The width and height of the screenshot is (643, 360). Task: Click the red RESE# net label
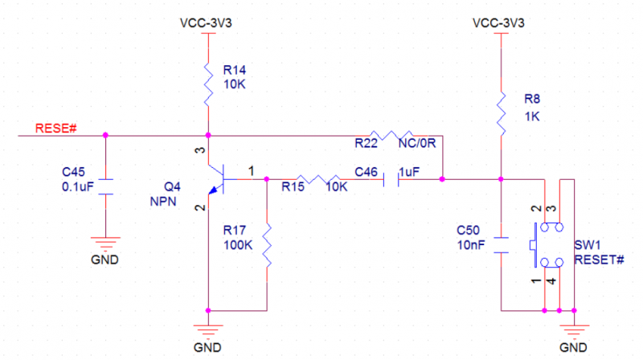(55, 129)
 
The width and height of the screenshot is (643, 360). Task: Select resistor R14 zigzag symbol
(208, 85)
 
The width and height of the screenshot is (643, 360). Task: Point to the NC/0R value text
(416, 145)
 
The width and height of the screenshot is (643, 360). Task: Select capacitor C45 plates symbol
(106, 185)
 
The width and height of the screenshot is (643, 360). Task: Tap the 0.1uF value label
(78, 188)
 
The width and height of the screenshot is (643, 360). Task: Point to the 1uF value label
(410, 171)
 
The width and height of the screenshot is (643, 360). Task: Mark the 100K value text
(239, 244)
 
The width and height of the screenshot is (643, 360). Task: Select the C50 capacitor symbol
(501, 246)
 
